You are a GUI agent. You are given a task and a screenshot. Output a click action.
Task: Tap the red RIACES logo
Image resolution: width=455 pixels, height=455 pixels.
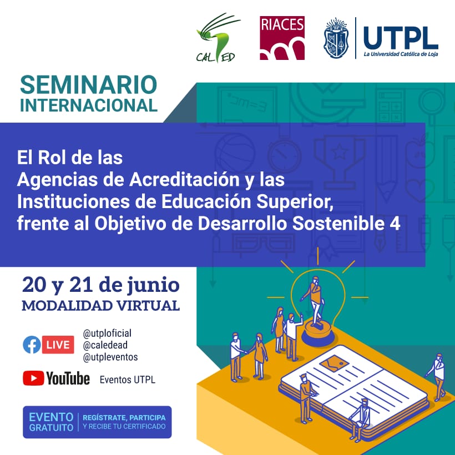click(282, 38)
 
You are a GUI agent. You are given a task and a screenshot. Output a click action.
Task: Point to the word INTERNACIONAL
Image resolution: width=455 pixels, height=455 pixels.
click(89, 105)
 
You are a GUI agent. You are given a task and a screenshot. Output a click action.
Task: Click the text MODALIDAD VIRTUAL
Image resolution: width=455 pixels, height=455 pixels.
click(100, 306)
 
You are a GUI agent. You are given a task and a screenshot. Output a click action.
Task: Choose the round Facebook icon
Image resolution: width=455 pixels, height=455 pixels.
click(32, 345)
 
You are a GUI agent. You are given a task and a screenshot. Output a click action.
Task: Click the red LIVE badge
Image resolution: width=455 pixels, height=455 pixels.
click(58, 345)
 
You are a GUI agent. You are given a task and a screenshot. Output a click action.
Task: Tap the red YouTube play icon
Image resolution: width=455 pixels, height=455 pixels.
click(33, 378)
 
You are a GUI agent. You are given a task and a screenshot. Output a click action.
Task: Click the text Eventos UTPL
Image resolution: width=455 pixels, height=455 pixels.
click(128, 380)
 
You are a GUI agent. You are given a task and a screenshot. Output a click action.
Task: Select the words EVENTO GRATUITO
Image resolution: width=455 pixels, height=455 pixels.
click(51, 422)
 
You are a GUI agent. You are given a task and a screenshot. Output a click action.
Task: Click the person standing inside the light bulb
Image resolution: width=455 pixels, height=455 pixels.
click(316, 300)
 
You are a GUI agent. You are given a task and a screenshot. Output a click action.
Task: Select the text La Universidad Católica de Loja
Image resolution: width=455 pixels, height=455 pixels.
click(401, 54)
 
